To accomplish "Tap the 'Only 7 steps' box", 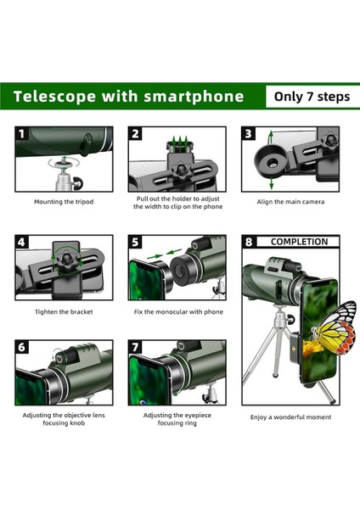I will tap(311, 97).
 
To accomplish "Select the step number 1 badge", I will tap(22, 134).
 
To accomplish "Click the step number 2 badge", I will tap(136, 134).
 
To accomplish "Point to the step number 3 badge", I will tap(249, 134).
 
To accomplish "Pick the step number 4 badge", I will tap(22, 243).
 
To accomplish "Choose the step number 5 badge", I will tap(136, 243).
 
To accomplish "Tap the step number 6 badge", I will tap(22, 348).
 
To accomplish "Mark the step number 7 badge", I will tap(136, 348).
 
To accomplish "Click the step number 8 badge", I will tap(249, 243).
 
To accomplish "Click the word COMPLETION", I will tap(299, 242).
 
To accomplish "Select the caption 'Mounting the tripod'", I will tap(64, 202).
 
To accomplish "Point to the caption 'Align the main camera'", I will tap(290, 202).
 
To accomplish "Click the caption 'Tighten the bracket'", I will tap(64, 311).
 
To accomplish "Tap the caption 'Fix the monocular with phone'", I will tap(177, 311).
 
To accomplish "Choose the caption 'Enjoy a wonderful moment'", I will tap(290, 417).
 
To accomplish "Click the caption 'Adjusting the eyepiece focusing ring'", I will tap(177, 420).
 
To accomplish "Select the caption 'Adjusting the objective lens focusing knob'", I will tap(64, 420).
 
